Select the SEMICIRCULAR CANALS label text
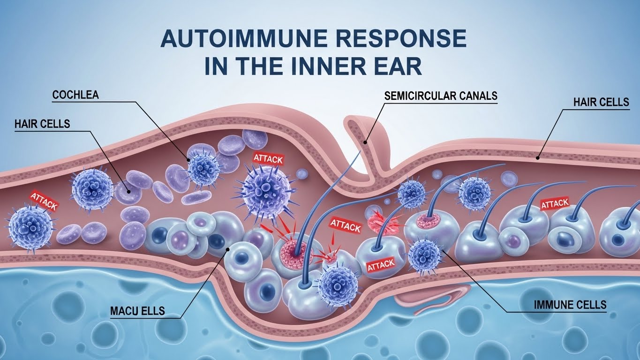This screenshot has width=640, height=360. point(441,96)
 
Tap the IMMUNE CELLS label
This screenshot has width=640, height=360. point(570,305)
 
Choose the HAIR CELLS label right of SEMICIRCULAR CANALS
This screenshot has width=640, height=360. point(601,102)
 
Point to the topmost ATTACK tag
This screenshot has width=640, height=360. point(268,158)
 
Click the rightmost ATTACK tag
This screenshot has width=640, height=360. point(555,204)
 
